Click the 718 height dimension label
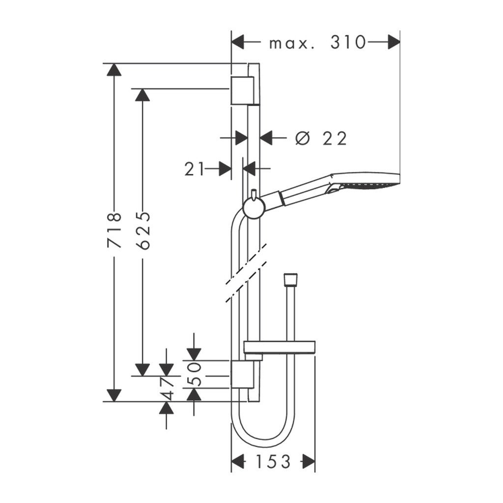(x=114, y=231)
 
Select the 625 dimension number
(x=143, y=231)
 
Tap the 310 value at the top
(x=348, y=43)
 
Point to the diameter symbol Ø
(x=303, y=139)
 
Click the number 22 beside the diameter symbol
(x=335, y=139)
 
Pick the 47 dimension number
(x=168, y=388)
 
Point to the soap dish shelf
(x=279, y=347)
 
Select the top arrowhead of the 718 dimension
(x=114, y=70)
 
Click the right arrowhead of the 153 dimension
(x=308, y=461)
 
